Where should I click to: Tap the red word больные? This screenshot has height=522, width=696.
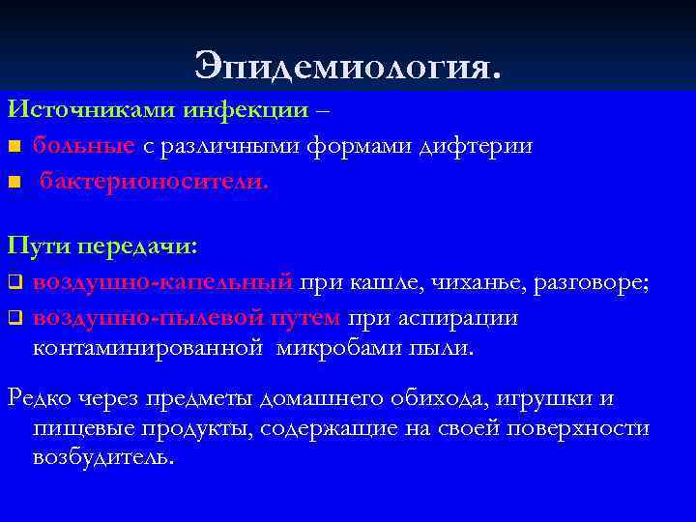pyautogui.click(x=83, y=145)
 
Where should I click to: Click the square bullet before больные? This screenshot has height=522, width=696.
pyautogui.click(x=13, y=147)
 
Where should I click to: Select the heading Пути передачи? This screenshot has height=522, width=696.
pyautogui.click(x=101, y=246)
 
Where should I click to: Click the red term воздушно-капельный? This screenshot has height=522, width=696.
pyautogui.click(x=162, y=282)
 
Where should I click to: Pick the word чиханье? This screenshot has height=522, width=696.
pyautogui.click(x=466, y=282)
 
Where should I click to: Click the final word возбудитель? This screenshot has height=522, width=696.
pyautogui.click(x=103, y=457)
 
